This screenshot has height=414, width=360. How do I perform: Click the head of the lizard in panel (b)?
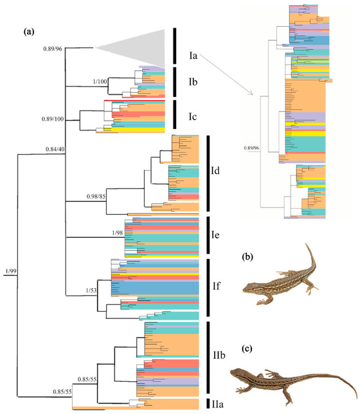click(249, 287)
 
